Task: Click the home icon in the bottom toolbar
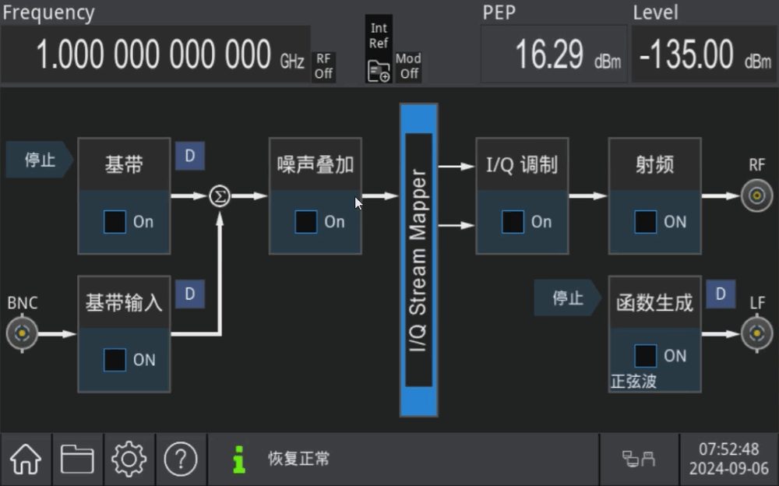pyautogui.click(x=26, y=459)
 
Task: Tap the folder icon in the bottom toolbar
pyautogui.click(x=77, y=459)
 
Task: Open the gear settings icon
pyautogui.click(x=129, y=459)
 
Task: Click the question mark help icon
pyautogui.click(x=181, y=459)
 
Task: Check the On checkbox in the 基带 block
pyautogui.click(x=115, y=222)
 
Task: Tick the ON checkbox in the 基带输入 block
pyautogui.click(x=115, y=359)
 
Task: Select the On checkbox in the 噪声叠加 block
pyautogui.click(x=305, y=222)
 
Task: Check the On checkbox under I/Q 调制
pyautogui.click(x=513, y=222)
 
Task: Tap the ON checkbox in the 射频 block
pyautogui.click(x=645, y=222)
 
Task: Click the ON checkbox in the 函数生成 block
pyautogui.click(x=645, y=355)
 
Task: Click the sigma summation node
pyautogui.click(x=220, y=195)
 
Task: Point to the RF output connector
pyautogui.click(x=756, y=195)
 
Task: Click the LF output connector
pyautogui.click(x=756, y=333)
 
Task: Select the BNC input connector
pyautogui.click(x=22, y=333)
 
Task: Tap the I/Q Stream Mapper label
pyautogui.click(x=418, y=260)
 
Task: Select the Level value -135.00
pyautogui.click(x=686, y=55)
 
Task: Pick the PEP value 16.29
pyautogui.click(x=549, y=55)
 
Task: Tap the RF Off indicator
pyautogui.click(x=323, y=66)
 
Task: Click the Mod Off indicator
pyautogui.click(x=408, y=66)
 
